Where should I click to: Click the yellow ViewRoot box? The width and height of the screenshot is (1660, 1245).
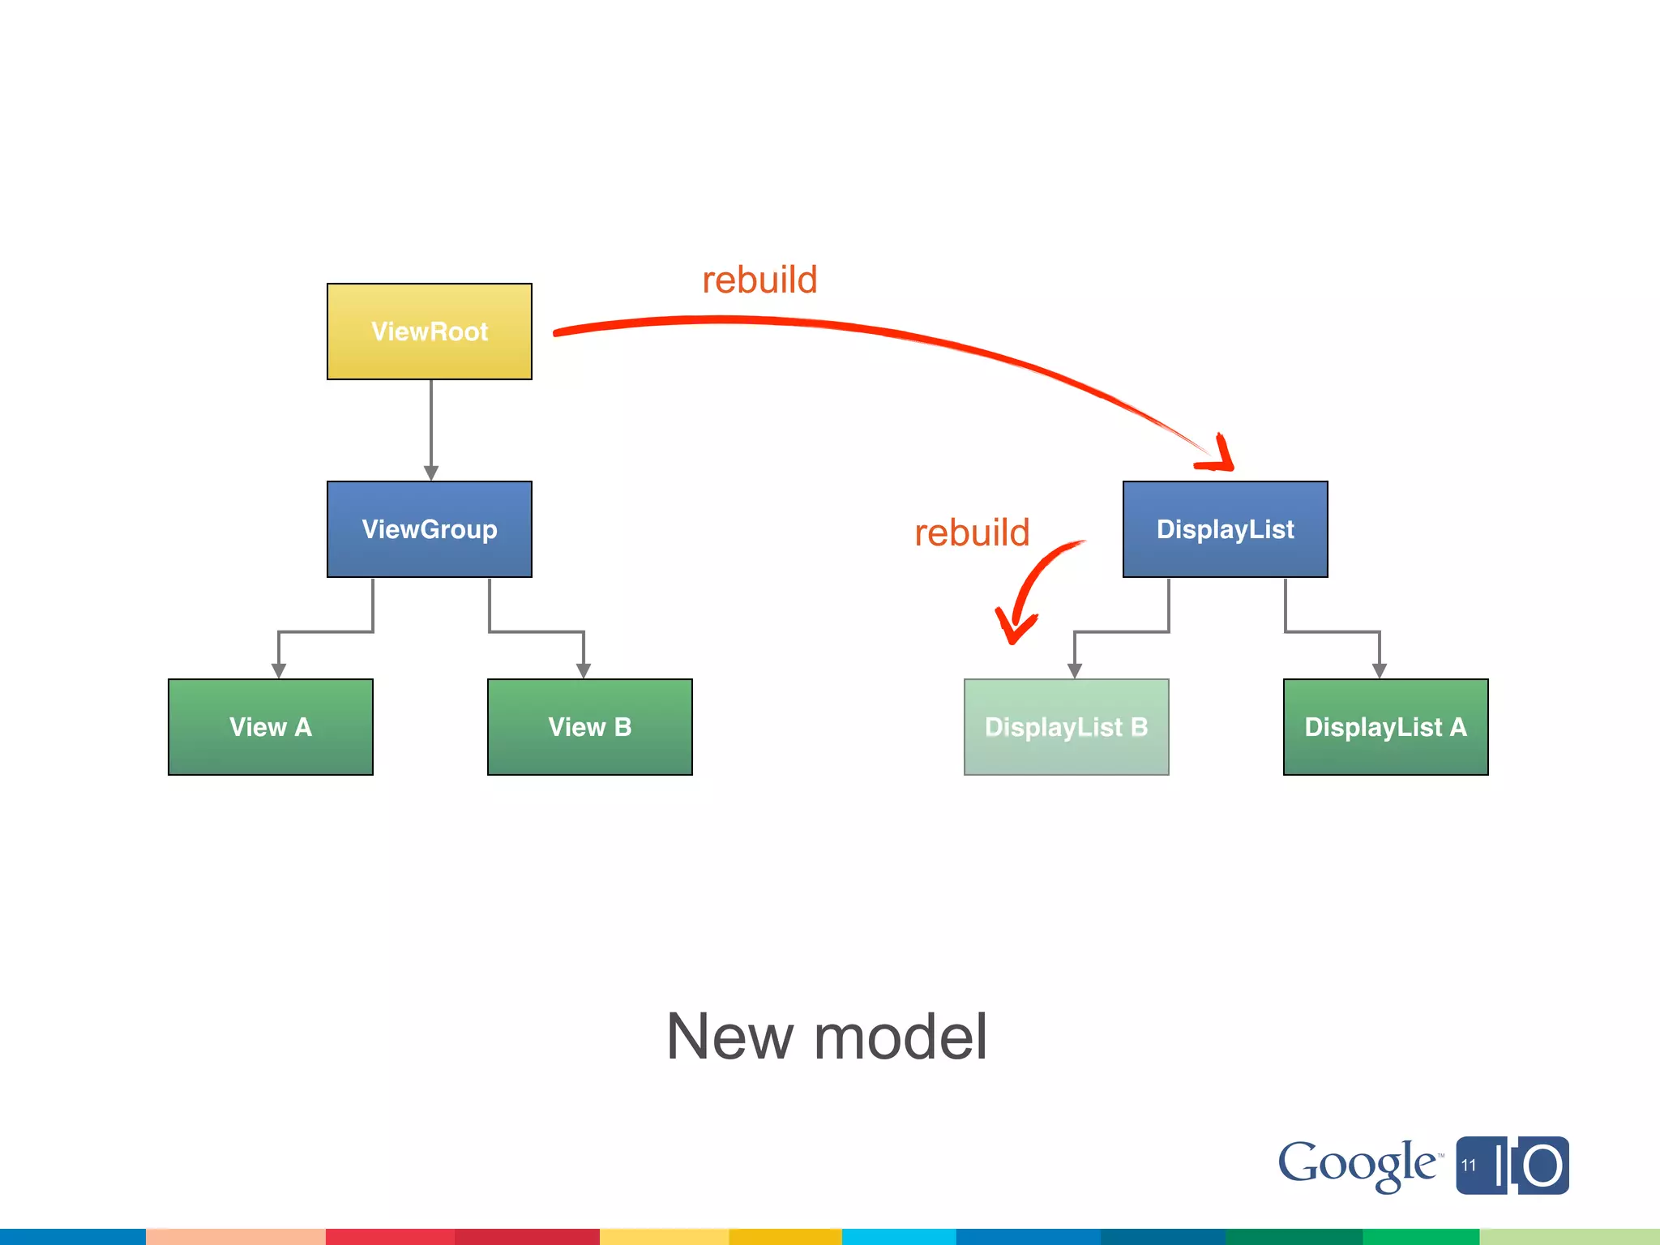pyautogui.click(x=430, y=332)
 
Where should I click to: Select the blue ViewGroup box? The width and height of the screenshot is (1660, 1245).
pyautogui.click(x=430, y=529)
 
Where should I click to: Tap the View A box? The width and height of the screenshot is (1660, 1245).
pyautogui.click(x=271, y=727)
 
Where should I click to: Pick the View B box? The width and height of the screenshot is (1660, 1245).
pyautogui.click(x=590, y=727)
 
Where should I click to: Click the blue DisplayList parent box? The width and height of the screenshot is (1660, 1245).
pyautogui.click(x=1225, y=529)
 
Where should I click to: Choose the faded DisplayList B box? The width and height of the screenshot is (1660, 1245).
pyautogui.click(x=1066, y=727)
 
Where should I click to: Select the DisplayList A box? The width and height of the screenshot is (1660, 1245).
pyautogui.click(x=1385, y=727)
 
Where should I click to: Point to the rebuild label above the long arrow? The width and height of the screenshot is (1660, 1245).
pyautogui.click(x=759, y=280)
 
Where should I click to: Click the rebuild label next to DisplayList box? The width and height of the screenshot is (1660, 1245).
pyautogui.click(x=972, y=533)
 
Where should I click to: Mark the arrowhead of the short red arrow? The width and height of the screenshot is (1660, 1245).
pyautogui.click(x=1013, y=628)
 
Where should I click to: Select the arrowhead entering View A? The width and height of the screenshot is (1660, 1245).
pyautogui.click(x=279, y=670)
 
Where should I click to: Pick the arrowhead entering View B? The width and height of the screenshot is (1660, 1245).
pyautogui.click(x=584, y=670)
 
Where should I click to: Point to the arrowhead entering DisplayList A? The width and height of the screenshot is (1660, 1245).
pyautogui.click(x=1380, y=670)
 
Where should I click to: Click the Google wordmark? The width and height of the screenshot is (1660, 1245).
pyautogui.click(x=1357, y=1165)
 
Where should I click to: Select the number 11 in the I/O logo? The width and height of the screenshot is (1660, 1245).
pyautogui.click(x=1469, y=1166)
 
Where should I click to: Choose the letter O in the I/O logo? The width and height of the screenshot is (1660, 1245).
pyautogui.click(x=1542, y=1166)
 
